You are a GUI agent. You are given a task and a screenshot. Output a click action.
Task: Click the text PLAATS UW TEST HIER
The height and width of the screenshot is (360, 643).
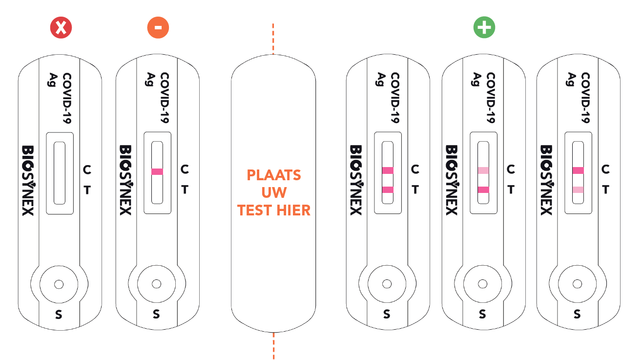pos(273,192)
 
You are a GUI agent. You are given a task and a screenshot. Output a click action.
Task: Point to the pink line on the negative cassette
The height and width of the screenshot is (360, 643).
pos(157,171)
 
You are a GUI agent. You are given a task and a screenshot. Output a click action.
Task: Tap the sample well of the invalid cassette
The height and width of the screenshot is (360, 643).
pos(59,284)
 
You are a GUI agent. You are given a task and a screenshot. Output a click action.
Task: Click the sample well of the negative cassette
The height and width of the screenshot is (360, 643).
pos(156,284)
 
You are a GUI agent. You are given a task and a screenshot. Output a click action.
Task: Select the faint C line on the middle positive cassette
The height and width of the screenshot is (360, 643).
pos(483,170)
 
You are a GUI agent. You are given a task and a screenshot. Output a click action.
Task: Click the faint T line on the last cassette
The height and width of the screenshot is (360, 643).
pos(578,190)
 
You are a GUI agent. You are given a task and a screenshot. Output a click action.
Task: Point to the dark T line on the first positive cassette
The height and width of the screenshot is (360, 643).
pos(387,190)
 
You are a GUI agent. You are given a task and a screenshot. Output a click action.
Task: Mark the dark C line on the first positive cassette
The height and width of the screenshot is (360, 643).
pos(387,170)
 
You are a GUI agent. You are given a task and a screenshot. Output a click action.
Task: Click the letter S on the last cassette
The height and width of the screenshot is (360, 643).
pos(577,315)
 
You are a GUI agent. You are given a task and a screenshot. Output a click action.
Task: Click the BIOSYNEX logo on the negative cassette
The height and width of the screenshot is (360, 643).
pos(125,180)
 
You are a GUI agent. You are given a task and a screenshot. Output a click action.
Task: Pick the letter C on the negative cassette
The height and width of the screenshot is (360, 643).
pos(185,169)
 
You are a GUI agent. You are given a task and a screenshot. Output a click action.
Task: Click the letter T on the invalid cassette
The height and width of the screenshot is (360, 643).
pos(87,190)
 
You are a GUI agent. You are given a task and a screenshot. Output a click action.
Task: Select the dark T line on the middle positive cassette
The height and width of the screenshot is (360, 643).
pos(483,190)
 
